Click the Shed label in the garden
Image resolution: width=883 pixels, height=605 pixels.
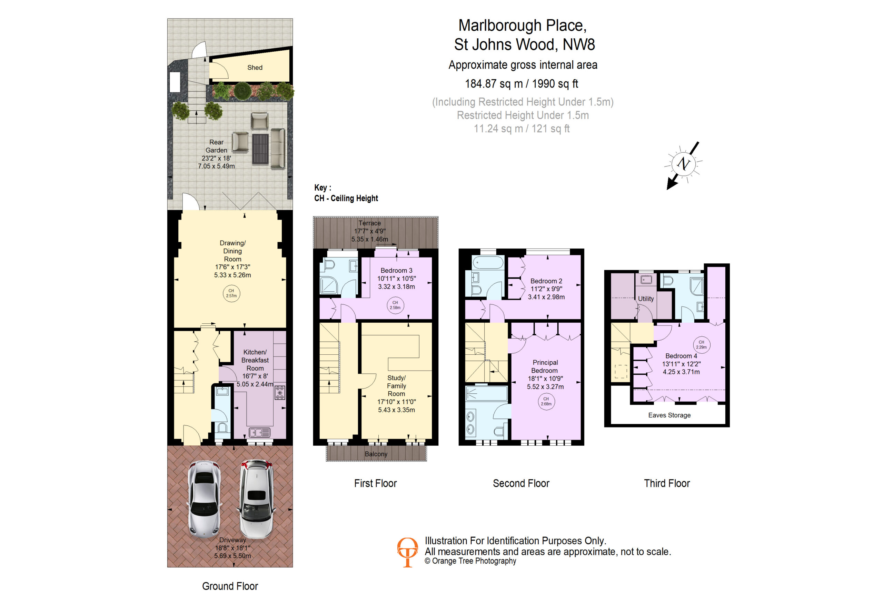point(255,68)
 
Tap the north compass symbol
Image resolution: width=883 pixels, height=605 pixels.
point(683,164)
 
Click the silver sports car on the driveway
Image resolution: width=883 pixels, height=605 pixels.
point(205,499)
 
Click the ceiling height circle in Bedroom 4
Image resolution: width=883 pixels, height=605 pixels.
point(701,344)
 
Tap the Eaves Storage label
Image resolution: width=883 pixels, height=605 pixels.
point(669,415)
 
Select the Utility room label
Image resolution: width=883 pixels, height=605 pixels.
point(646,299)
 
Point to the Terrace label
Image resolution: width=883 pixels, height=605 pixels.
point(369,223)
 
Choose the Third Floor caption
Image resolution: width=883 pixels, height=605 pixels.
point(667,483)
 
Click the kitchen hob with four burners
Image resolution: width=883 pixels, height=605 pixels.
point(280,392)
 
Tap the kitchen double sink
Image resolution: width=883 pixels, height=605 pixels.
point(259,432)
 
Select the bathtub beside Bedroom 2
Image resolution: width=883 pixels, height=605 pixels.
point(488,262)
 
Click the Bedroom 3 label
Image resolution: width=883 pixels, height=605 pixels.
point(396,270)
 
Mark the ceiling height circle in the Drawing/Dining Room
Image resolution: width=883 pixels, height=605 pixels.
point(231,293)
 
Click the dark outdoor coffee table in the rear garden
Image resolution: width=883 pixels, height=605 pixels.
point(260,148)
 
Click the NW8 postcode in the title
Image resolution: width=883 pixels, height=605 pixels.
point(578,44)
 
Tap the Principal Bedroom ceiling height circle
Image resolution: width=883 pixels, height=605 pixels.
point(546,401)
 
